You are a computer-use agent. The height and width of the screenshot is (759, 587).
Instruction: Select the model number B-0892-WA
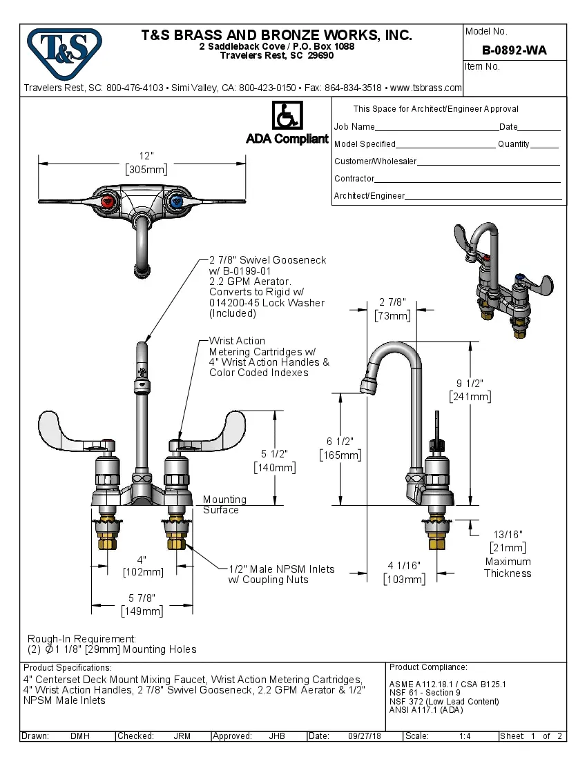(514, 50)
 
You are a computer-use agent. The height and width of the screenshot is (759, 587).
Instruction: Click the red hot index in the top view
(108, 201)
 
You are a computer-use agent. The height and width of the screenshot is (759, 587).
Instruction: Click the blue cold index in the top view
(175, 201)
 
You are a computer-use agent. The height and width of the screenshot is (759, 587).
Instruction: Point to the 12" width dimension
(146, 157)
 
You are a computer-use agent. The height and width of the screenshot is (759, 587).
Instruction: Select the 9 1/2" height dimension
(470, 384)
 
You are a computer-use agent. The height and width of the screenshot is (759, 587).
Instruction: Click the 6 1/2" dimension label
(340, 442)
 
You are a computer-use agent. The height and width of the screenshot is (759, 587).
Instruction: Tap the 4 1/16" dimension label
(404, 566)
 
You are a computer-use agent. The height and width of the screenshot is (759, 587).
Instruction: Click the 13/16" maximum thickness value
(508, 534)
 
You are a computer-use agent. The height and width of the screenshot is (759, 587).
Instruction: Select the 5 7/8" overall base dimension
(142, 598)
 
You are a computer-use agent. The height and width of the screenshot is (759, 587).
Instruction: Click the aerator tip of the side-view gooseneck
(367, 384)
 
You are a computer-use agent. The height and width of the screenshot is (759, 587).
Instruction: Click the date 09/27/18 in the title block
(365, 736)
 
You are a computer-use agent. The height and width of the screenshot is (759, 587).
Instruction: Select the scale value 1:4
(465, 736)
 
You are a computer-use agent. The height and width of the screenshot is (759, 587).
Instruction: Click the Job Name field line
(436, 128)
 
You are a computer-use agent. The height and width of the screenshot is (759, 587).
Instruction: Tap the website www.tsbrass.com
(425, 88)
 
